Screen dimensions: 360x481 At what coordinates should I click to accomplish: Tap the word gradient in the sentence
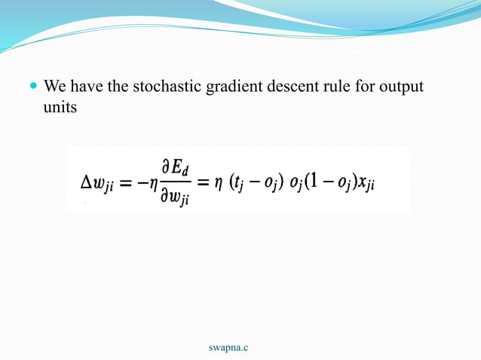231,87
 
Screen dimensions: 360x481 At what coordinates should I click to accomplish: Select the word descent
286,87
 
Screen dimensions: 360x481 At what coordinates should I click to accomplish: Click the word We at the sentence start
55,87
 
